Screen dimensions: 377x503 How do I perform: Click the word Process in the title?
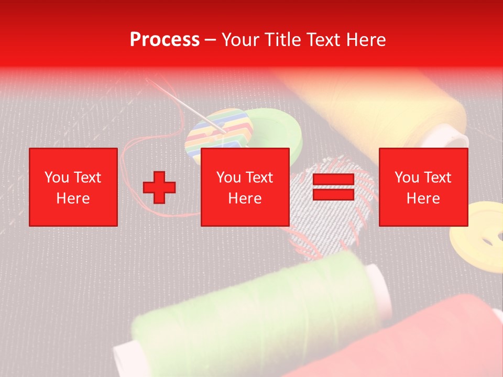165,40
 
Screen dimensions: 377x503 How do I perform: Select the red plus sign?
159,187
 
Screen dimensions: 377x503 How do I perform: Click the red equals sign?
333,187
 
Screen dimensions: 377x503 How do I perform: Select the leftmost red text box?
73,187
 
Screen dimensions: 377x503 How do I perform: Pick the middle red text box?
245,187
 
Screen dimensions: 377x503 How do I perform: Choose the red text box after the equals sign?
423,187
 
